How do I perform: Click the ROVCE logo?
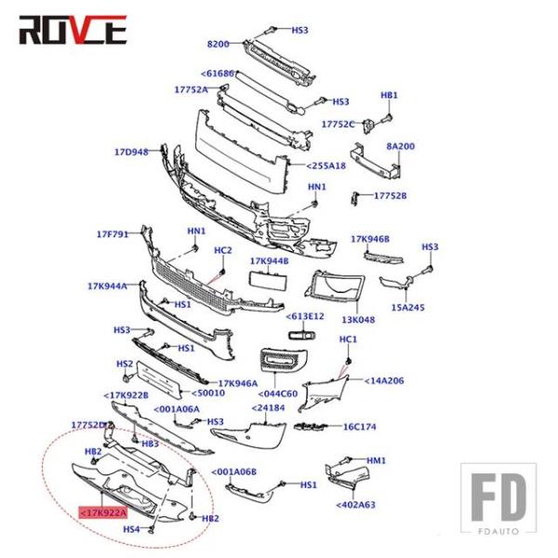[x=73, y=31]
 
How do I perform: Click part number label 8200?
[x=218, y=44]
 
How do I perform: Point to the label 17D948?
[x=131, y=152]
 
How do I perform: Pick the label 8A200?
[x=401, y=146]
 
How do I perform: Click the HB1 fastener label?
[x=390, y=96]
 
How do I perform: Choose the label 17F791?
[x=113, y=233]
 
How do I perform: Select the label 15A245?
[x=407, y=307]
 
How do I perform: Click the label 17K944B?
[x=270, y=261]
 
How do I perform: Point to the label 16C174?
[x=360, y=427]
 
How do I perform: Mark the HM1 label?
[x=376, y=460]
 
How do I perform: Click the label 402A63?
[x=356, y=505]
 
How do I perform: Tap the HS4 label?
[x=131, y=529]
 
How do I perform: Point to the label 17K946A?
[x=238, y=382]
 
